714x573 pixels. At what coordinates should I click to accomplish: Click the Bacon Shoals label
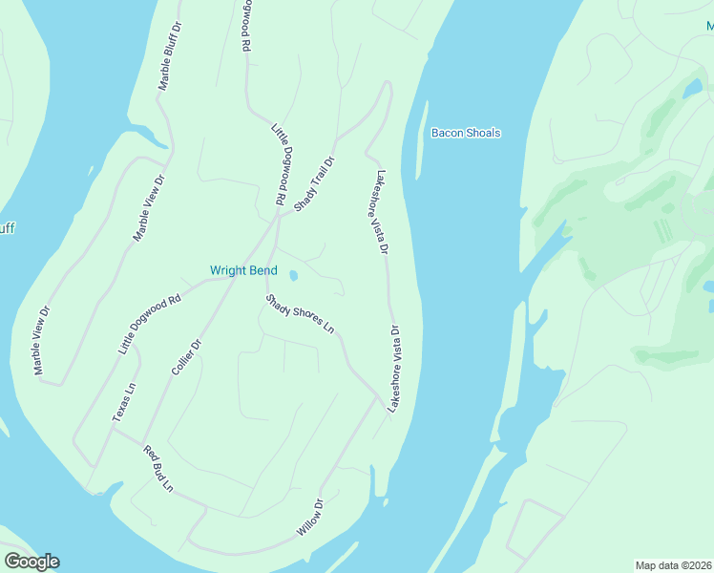coord(466,133)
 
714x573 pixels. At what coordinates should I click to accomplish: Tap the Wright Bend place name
coord(243,270)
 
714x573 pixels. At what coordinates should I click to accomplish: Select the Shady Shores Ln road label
coord(300,314)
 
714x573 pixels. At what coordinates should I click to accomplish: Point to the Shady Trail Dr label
coord(315,184)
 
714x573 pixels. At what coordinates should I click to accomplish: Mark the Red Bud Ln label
coord(158,469)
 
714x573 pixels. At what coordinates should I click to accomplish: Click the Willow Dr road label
coord(309,517)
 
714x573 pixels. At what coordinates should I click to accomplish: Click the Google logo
coord(31,562)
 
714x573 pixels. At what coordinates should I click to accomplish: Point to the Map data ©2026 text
coord(673,564)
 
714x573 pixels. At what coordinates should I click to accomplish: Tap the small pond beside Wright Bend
coord(293,276)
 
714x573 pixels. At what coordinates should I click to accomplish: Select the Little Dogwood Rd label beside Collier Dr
coord(149,325)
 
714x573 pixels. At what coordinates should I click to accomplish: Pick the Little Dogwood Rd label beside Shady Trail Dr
coord(280,163)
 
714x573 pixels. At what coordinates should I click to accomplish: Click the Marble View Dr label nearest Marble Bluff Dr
coord(149,207)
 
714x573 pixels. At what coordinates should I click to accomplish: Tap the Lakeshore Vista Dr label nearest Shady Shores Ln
coord(392,368)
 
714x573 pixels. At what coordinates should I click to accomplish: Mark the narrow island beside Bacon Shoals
coord(420,138)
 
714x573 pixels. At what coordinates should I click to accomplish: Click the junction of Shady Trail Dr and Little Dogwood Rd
coord(278,214)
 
